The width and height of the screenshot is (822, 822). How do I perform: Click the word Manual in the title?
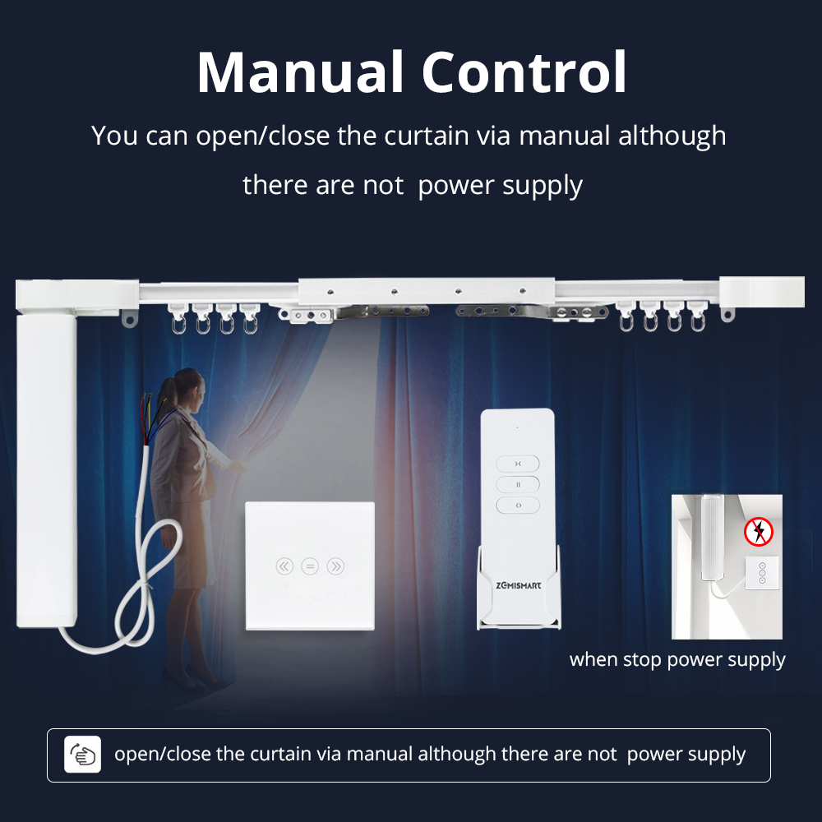[298, 72]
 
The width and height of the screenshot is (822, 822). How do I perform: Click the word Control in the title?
[524, 72]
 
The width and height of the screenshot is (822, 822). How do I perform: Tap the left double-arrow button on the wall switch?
[284, 566]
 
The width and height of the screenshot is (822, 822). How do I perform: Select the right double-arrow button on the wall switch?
[335, 566]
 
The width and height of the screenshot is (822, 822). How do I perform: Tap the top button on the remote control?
[518, 464]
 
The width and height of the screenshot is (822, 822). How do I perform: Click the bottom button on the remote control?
[518, 505]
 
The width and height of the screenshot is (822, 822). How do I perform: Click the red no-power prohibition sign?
[759, 532]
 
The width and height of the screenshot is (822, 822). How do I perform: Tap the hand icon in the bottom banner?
[83, 755]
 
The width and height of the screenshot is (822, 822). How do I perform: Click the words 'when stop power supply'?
[677, 659]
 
